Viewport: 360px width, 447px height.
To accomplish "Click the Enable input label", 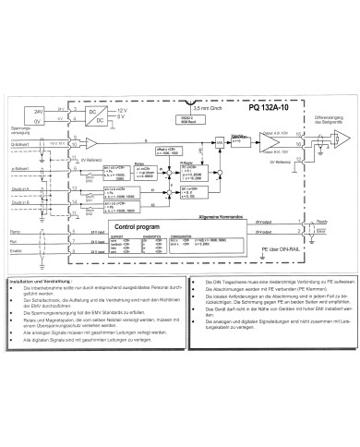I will tap(16, 250).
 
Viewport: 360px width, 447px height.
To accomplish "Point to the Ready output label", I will tap(319, 223).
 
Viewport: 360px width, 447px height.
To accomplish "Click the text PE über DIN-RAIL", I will tap(269, 249).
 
